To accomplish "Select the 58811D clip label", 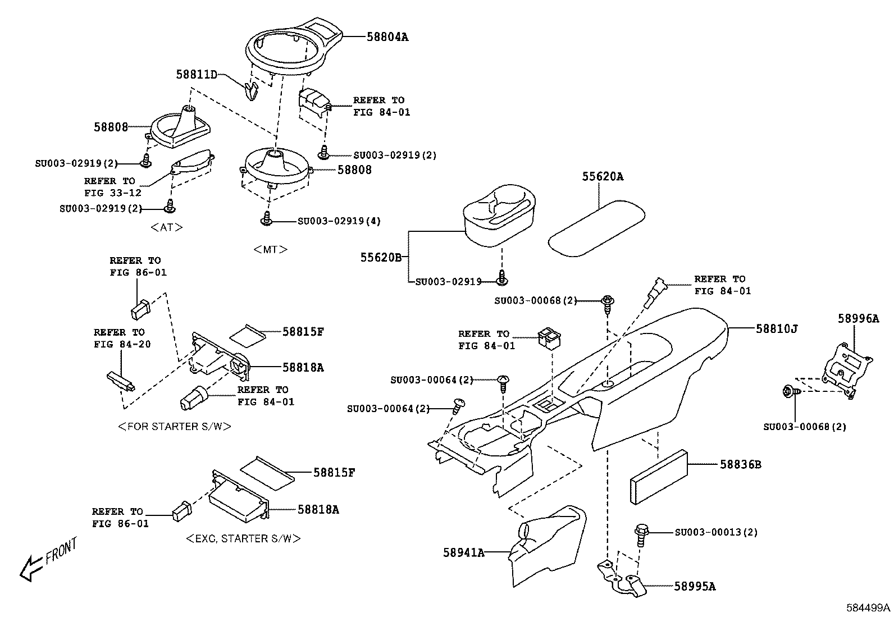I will click(196, 74).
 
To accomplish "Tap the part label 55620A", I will click(602, 176).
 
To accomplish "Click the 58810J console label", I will click(776, 328).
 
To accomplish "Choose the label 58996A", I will click(858, 318).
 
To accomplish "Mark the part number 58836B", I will click(741, 465).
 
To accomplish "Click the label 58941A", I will click(463, 552).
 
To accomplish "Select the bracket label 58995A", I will click(695, 587).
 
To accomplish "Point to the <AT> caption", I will click(167, 227).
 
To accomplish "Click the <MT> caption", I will click(270, 249).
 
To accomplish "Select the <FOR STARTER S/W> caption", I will click(175, 426).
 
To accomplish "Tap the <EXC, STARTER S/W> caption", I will click(243, 538).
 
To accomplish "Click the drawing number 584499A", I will click(868, 608).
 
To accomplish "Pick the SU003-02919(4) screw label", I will click(339, 221).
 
